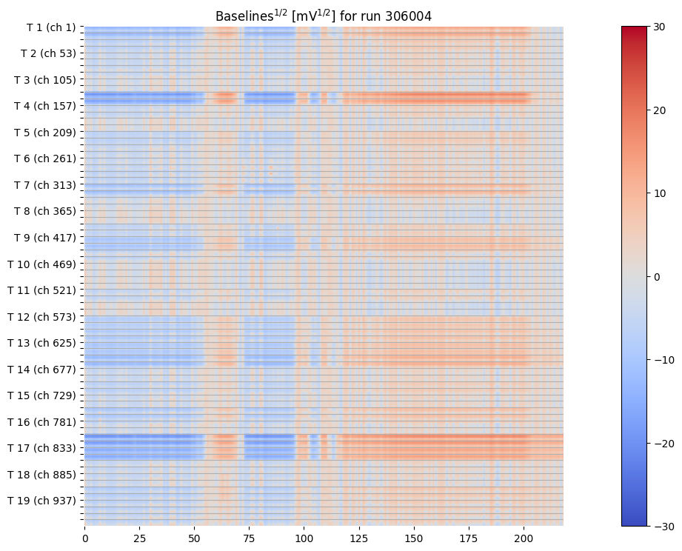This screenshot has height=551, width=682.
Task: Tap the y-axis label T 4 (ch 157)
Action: [44, 106]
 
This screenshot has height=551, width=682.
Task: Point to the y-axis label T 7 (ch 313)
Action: [44, 185]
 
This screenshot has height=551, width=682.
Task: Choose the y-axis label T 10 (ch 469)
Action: [41, 264]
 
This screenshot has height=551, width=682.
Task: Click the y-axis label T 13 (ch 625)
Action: [41, 343]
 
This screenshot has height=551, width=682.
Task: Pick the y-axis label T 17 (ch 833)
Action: [41, 448]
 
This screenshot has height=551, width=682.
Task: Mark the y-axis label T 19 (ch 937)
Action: [41, 501]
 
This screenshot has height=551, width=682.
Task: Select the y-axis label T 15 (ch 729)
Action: [41, 395]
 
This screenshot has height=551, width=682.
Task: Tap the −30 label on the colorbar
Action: [661, 526]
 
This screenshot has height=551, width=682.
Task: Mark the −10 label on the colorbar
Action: [661, 360]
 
